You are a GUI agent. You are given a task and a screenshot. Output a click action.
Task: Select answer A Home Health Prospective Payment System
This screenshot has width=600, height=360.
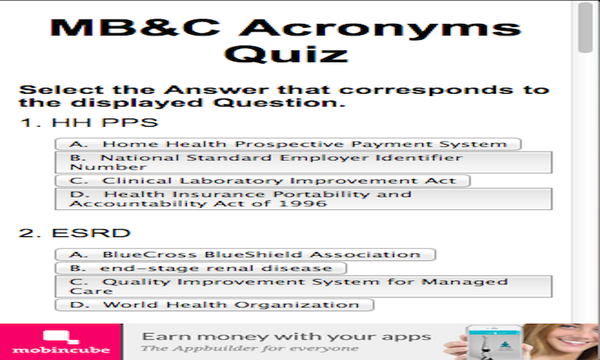coord(289,144)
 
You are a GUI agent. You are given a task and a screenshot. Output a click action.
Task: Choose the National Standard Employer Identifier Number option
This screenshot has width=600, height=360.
coord(304,163)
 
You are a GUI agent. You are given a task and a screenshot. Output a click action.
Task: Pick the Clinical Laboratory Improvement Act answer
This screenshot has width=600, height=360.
coord(263,181)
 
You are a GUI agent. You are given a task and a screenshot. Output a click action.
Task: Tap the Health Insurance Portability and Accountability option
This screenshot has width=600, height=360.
coord(304,199)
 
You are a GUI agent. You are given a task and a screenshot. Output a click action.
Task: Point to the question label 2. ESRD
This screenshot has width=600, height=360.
coord(75,232)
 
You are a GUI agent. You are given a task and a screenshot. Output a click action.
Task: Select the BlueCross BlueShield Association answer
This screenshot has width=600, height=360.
coord(245,255)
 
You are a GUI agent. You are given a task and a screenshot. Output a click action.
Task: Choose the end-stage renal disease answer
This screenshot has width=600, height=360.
coord(201,268)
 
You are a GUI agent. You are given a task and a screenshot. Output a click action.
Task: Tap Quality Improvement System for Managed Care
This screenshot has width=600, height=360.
coord(304,286)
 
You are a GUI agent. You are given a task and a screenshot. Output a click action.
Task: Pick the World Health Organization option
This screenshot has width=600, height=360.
coord(214,304)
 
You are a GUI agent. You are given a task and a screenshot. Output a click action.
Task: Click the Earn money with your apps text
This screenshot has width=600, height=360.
coord(286,336)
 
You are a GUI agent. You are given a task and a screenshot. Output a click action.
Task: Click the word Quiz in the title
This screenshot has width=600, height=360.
coord(287,55)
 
